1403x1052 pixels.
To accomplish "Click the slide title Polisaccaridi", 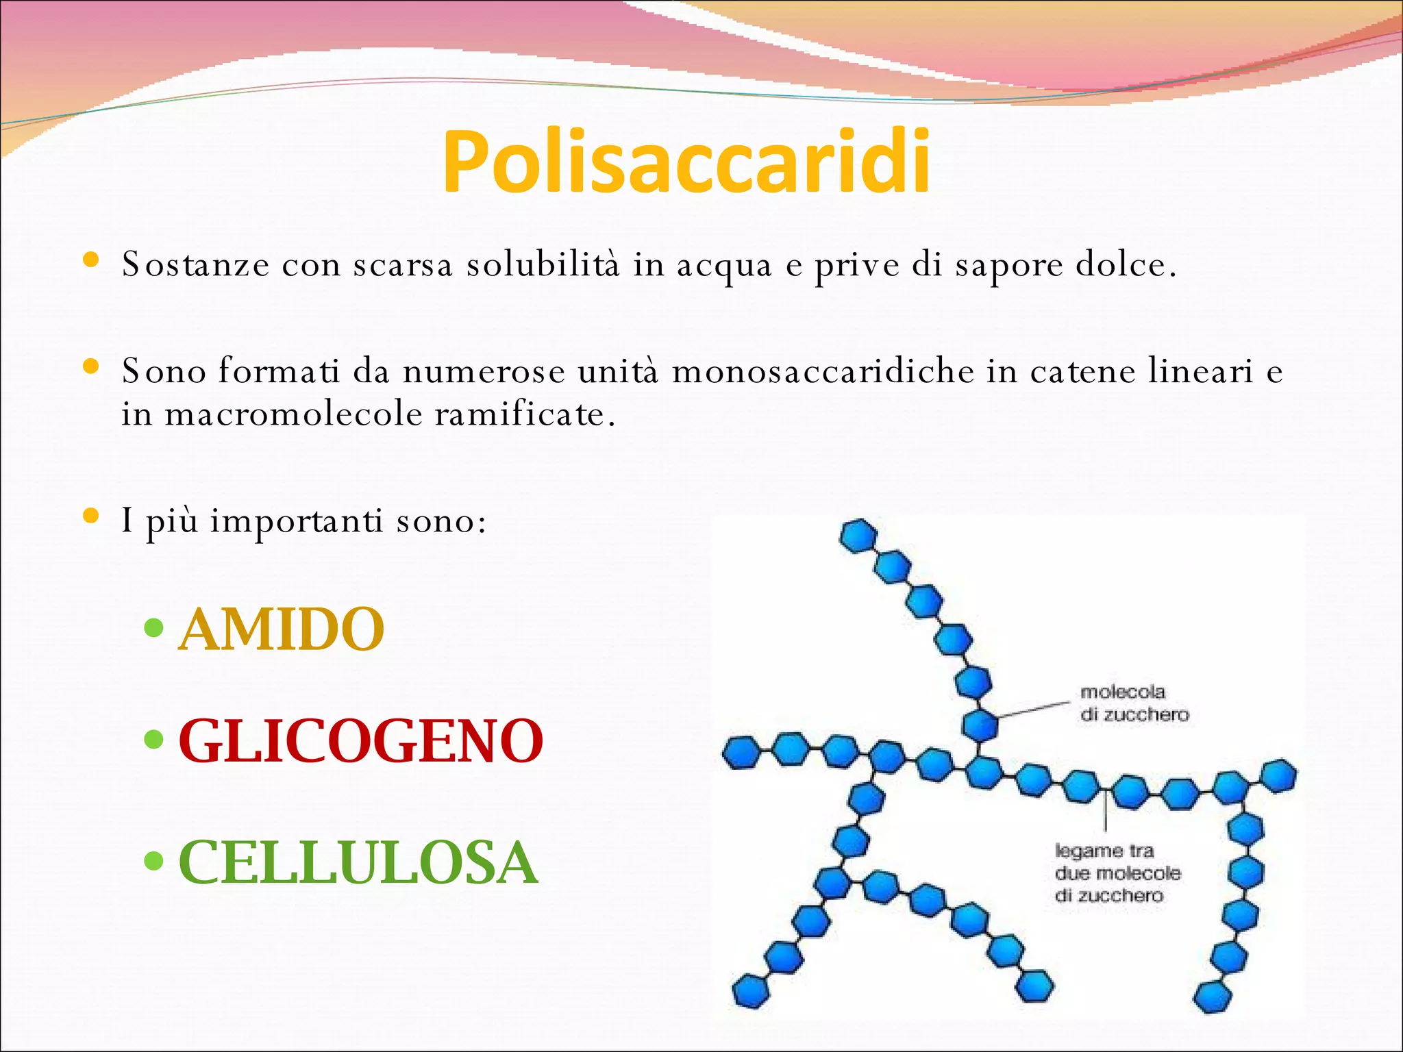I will tap(686, 162).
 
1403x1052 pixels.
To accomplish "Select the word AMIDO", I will tap(281, 629).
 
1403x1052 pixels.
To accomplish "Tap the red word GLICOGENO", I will tap(361, 741).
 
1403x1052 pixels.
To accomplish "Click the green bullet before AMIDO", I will tap(155, 627).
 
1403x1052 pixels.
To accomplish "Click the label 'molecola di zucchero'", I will tap(1134, 703).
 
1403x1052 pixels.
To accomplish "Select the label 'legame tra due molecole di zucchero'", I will tap(1117, 873).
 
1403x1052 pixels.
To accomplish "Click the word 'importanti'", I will tap(296, 521).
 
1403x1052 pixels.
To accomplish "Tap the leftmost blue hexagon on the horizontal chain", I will tap(741, 752).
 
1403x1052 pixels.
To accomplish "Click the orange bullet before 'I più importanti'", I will tap(90, 516).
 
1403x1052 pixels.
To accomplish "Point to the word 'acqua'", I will tap(724, 266).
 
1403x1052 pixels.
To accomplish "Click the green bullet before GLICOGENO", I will tap(155, 739).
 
